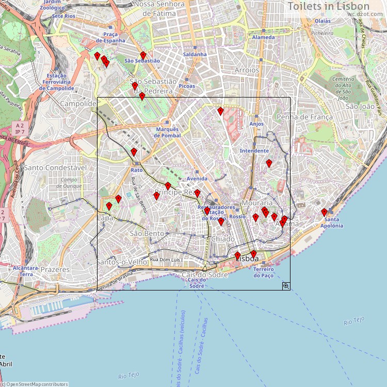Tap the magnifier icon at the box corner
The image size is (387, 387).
[286, 285]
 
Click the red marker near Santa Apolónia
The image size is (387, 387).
[325, 212]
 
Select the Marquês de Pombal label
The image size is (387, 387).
[167, 132]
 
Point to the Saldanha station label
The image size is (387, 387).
[195, 54]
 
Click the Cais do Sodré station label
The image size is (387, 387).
[197, 283]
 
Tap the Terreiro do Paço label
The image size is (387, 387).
[263, 272]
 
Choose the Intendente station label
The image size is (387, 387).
[254, 151]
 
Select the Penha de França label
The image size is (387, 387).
[305, 117]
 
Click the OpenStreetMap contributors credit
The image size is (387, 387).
[34, 384]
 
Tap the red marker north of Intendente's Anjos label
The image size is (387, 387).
[220, 111]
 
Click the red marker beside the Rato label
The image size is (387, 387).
[134, 152]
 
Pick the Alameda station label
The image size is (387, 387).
[264, 38]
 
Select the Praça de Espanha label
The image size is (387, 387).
[110, 38]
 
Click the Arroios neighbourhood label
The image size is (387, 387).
[247, 70]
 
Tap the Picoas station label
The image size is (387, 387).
[187, 86]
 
